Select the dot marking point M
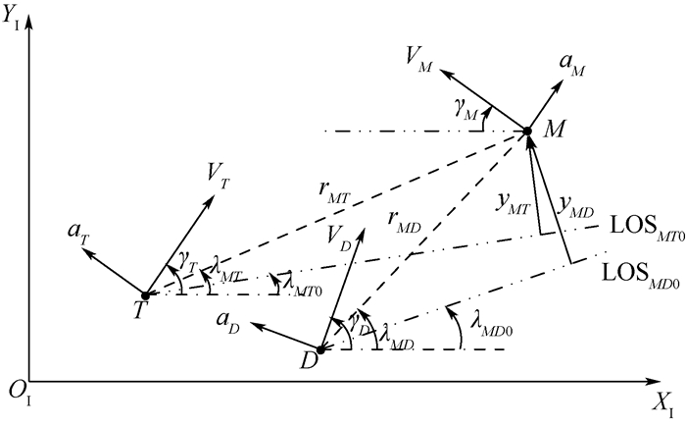coord(526,132)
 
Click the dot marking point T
coord(145,294)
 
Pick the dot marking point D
coord(320,350)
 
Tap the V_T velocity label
coord(219,174)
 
